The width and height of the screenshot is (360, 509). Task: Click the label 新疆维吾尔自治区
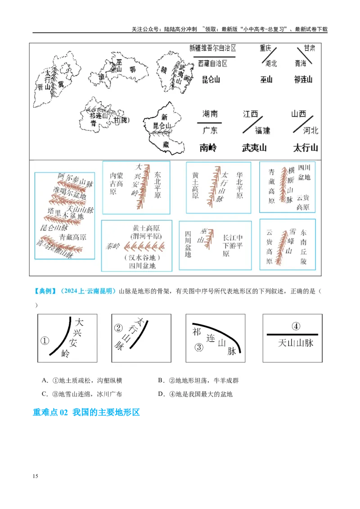[212, 48]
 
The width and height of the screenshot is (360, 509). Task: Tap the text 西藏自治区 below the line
[213, 63]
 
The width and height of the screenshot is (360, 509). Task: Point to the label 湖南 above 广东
[210, 114]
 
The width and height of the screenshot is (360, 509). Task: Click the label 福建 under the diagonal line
[262, 130]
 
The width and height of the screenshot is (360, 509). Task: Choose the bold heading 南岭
[208, 147]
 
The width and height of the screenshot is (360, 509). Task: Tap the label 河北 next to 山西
[310, 130]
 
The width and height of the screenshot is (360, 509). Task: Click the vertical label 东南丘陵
[304, 246]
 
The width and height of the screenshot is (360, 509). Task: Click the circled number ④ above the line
[296, 326]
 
